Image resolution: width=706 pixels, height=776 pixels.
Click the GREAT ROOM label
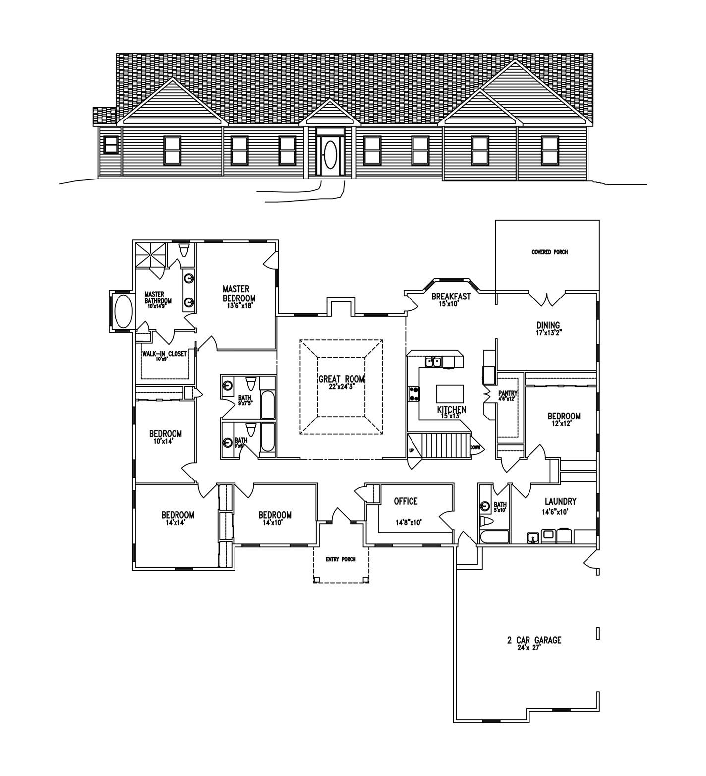(341, 379)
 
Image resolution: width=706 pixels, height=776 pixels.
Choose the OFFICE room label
(406, 501)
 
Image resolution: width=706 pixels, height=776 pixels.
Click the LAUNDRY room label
(560, 502)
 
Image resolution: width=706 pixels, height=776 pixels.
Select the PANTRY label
(508, 393)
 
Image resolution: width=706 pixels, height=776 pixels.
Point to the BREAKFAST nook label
(451, 297)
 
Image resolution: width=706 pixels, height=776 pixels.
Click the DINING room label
(548, 326)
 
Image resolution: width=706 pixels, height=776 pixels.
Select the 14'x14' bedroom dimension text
(177, 522)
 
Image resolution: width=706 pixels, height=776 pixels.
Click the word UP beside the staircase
(411, 450)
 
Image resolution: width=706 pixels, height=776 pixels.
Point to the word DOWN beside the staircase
(475, 447)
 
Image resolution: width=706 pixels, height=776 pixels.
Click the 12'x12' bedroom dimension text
(564, 424)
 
